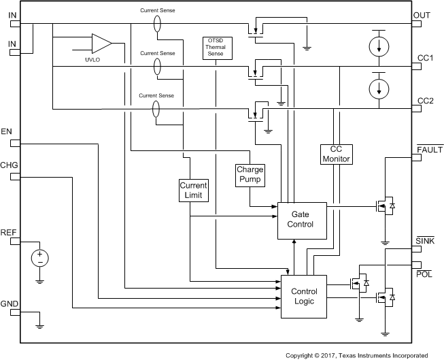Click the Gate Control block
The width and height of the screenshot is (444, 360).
(301, 219)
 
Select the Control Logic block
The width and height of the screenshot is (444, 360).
(303, 296)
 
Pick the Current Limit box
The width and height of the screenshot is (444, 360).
(192, 190)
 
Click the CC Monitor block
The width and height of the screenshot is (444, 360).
(335, 154)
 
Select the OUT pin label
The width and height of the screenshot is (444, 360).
(423, 14)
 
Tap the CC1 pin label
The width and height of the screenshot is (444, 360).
(425, 59)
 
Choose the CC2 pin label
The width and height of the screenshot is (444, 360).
(425, 101)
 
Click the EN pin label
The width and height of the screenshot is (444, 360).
(7, 131)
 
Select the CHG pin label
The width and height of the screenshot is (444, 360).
(10, 165)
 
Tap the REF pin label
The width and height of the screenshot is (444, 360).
(9, 232)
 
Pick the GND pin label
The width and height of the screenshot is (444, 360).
(10, 304)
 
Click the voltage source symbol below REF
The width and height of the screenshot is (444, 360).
(40, 258)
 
